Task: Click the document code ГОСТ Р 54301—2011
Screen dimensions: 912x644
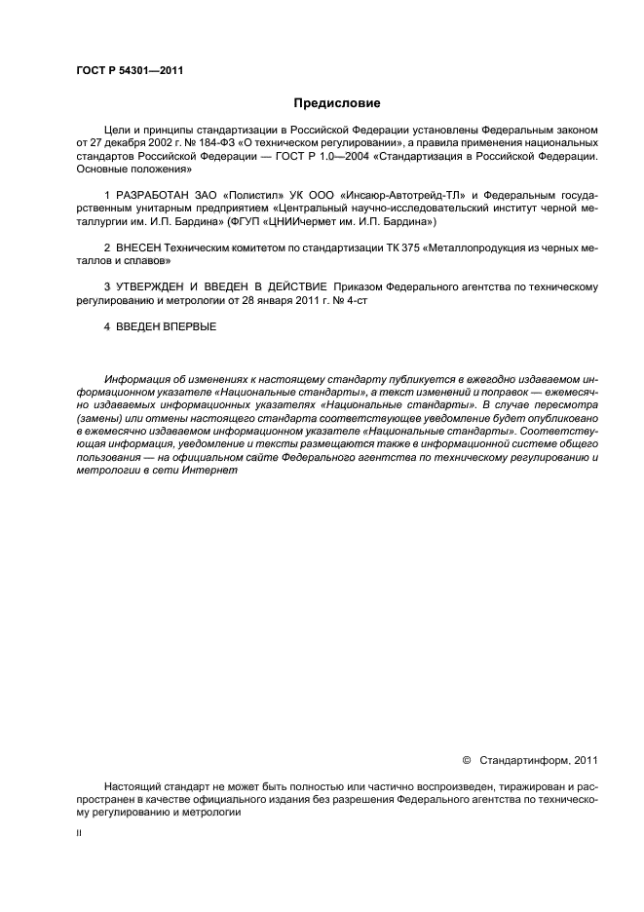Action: click(130, 70)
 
